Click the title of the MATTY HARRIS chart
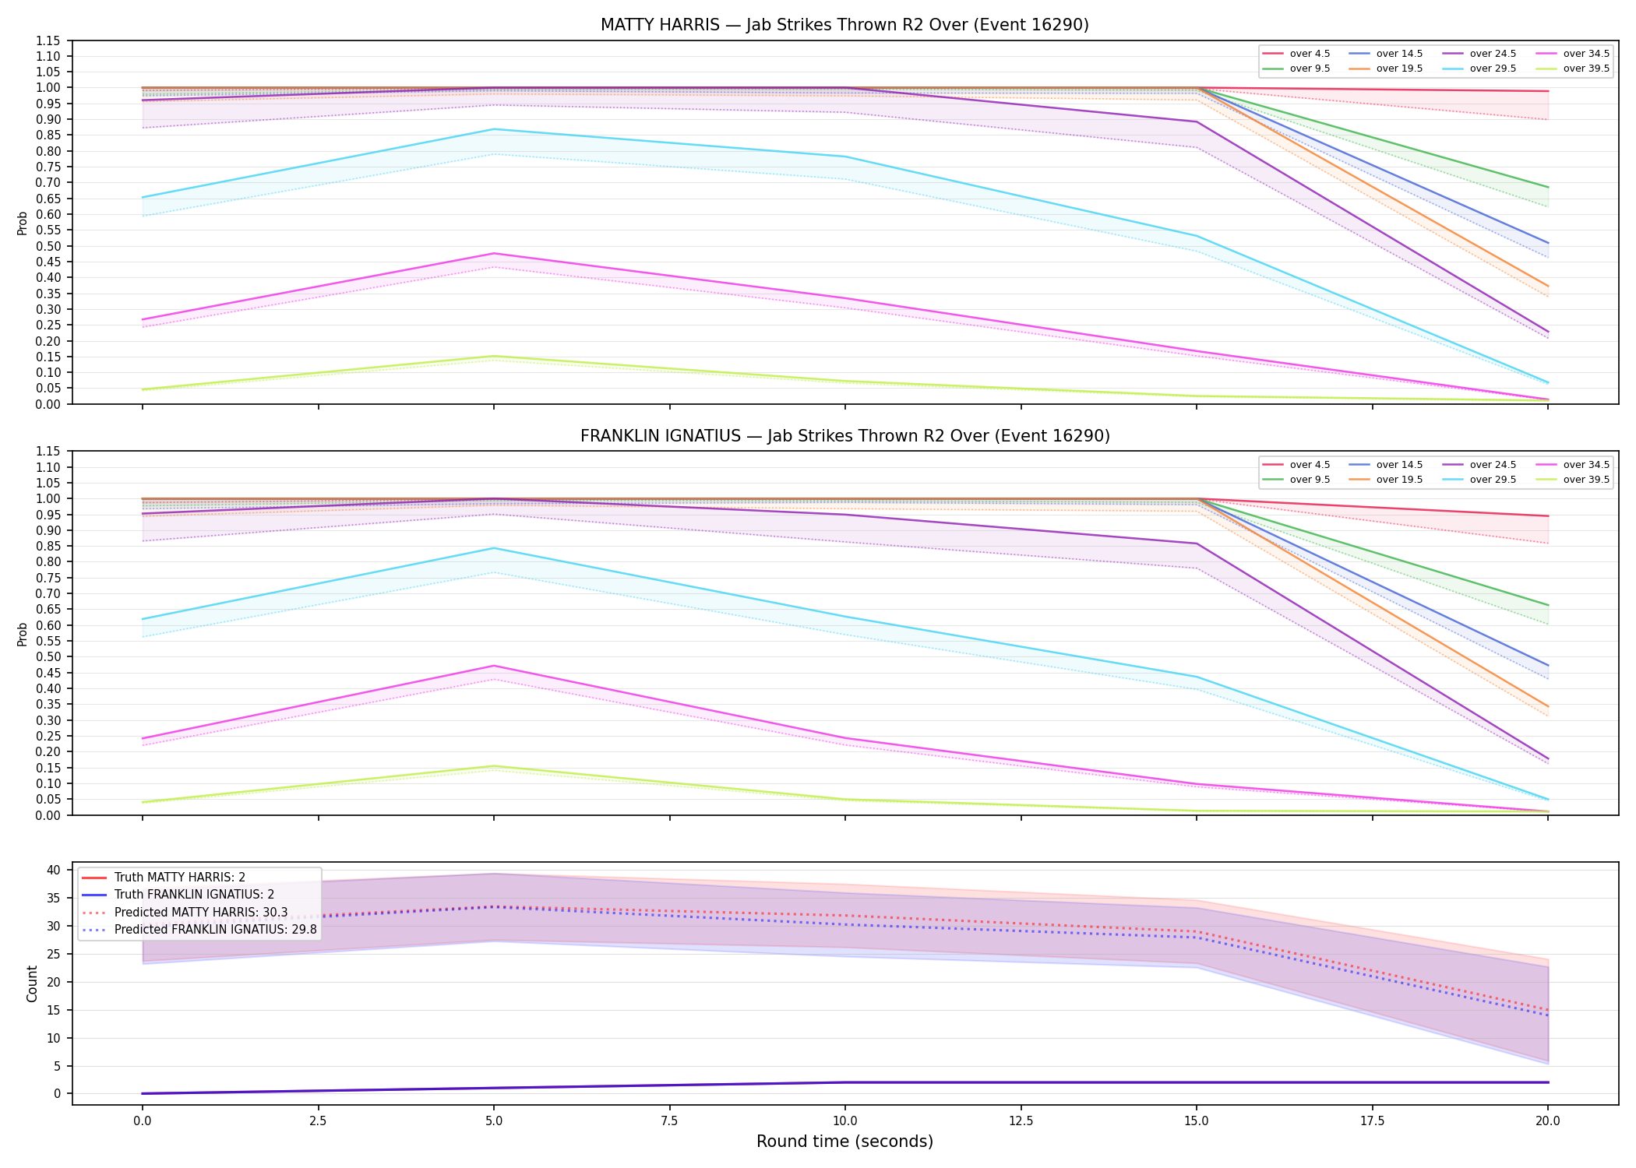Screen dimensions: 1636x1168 click(x=844, y=25)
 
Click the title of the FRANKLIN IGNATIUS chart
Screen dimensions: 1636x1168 click(x=844, y=436)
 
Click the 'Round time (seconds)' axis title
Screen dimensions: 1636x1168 click(x=844, y=1142)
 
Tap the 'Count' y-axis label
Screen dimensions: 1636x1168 click(x=32, y=983)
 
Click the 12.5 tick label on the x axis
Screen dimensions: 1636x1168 click(x=1021, y=1121)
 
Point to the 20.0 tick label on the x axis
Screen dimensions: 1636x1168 click(x=1548, y=1121)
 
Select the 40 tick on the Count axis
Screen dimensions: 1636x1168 click(x=55, y=871)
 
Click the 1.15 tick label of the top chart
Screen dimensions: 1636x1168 click(x=48, y=40)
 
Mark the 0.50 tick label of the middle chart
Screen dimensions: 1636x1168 click(x=48, y=656)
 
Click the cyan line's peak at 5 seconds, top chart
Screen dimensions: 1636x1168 click(x=493, y=129)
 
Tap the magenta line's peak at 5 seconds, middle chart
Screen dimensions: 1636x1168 click(x=493, y=666)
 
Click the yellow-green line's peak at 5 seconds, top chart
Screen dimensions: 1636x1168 click(x=493, y=356)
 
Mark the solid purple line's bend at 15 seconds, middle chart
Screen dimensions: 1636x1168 click(x=1197, y=544)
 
